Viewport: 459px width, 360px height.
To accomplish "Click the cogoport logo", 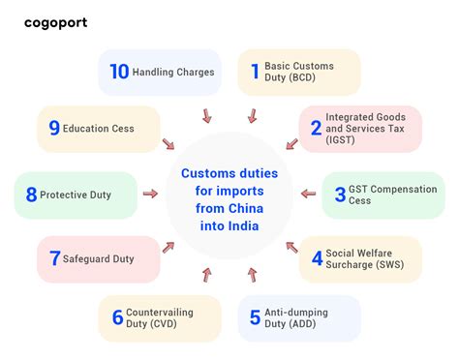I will [55, 22].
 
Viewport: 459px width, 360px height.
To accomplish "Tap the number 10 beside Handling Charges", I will [118, 72].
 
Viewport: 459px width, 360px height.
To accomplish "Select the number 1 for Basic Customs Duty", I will [255, 72].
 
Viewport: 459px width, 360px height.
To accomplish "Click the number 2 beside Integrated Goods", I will [316, 128].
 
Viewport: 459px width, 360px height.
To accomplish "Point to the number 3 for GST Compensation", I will [340, 195].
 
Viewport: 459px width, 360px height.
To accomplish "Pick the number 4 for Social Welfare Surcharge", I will [317, 258].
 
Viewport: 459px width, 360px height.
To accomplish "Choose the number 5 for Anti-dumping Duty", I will [255, 317].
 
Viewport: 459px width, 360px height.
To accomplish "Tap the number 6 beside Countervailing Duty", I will [117, 317].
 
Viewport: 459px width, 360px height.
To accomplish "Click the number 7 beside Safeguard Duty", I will [54, 258].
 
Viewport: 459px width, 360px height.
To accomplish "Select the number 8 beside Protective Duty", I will [31, 195].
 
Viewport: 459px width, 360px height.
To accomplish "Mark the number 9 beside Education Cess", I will [54, 128].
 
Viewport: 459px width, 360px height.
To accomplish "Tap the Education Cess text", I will [99, 128].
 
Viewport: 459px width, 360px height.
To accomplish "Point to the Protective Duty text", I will [75, 195].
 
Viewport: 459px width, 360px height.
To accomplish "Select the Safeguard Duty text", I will [98, 258].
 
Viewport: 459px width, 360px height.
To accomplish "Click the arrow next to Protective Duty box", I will [150, 195].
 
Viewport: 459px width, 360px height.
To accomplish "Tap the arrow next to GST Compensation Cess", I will [308, 195].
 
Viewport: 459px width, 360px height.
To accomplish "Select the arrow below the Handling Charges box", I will [206, 116].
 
